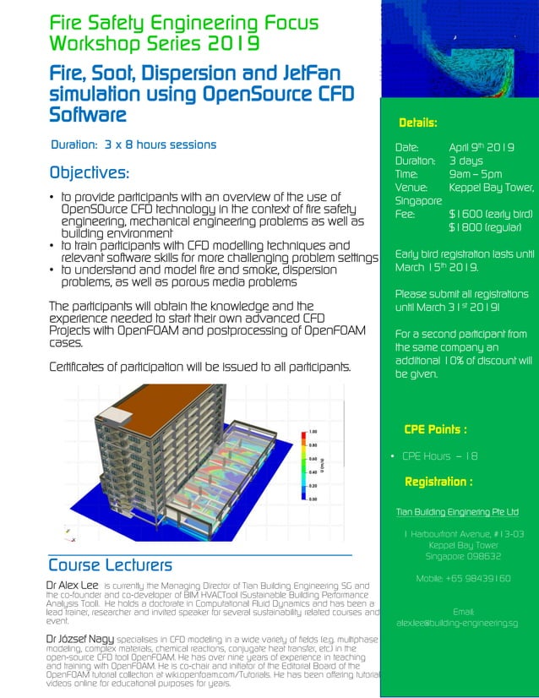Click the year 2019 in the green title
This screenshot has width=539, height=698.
pyautogui.click(x=231, y=41)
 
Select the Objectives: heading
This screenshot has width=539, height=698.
pyautogui.click(x=90, y=173)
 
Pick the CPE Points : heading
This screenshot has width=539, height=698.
pyautogui.click(x=435, y=429)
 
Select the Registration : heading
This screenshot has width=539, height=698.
pyautogui.click(x=438, y=482)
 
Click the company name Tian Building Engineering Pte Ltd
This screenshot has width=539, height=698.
pyautogui.click(x=457, y=512)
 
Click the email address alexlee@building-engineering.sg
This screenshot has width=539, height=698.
pyautogui.click(x=457, y=623)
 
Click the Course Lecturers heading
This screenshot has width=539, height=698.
pyautogui.click(x=110, y=564)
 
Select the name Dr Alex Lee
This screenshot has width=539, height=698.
pyautogui.click(x=72, y=585)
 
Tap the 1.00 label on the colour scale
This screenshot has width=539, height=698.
pyautogui.click(x=313, y=431)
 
